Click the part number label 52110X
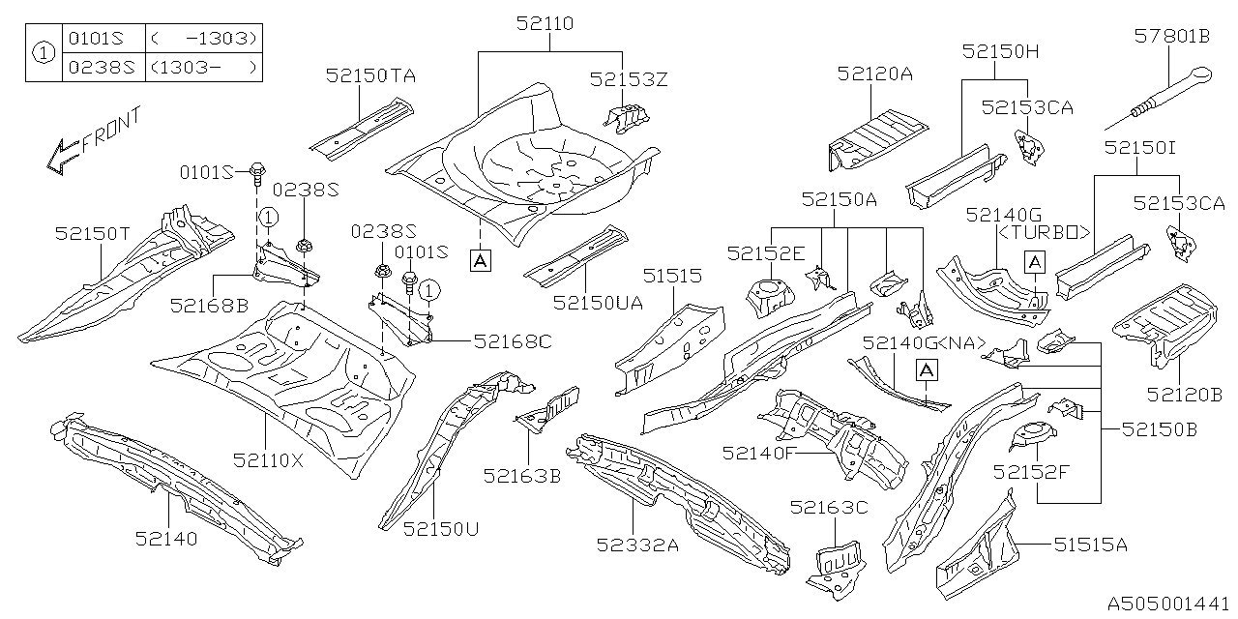[268, 461]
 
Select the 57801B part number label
[1171, 37]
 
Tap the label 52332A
[639, 545]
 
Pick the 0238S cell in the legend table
[96, 67]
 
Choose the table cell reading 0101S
[96, 39]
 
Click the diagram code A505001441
[1169, 602]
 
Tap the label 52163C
[829, 508]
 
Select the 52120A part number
[875, 74]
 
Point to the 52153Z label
[631, 79]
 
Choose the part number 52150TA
[370, 74]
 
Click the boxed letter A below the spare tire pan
[480, 259]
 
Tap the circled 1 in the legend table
[44, 53]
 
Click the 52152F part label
[1033, 471]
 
